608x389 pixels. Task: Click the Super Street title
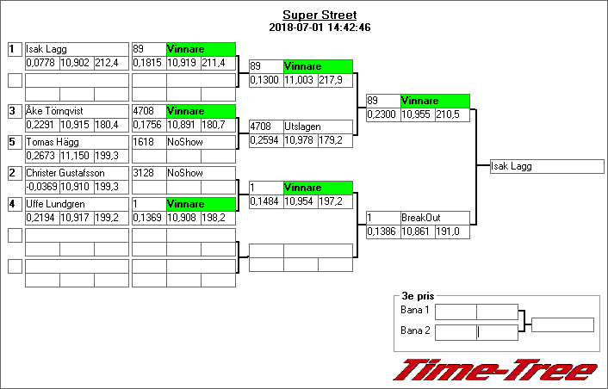point(319,15)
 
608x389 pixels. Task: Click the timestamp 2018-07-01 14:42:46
point(319,28)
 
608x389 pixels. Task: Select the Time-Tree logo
point(495,369)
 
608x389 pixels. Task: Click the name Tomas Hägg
point(53,142)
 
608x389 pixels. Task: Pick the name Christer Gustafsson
point(65,173)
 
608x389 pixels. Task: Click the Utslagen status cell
point(318,127)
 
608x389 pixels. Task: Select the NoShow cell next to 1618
point(201,142)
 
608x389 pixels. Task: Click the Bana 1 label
point(415,310)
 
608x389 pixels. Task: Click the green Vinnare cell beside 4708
point(201,111)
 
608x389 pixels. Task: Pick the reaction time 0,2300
point(382,114)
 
